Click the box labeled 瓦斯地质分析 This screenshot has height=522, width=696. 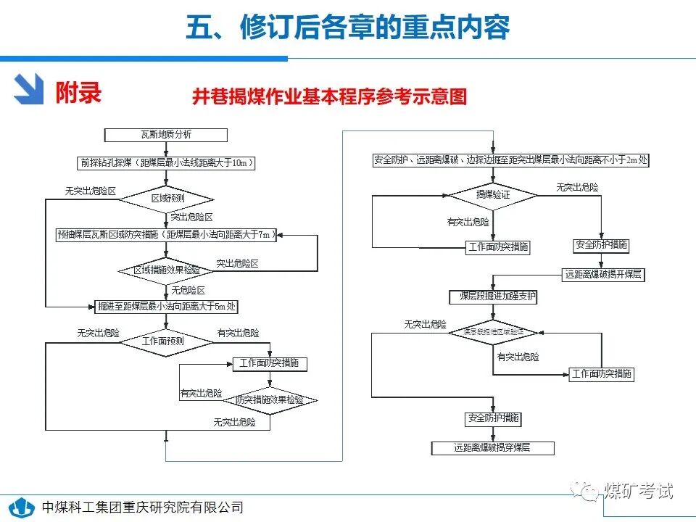point(166,135)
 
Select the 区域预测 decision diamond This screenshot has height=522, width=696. point(166,198)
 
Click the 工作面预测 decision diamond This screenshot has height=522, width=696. point(166,341)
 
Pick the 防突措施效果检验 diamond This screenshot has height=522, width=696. point(269,399)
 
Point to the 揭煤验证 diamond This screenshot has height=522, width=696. point(493,195)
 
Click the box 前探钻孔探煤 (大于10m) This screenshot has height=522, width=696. point(166,163)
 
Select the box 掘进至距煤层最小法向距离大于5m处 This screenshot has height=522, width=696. point(167,307)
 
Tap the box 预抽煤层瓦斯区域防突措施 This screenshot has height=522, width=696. point(166,234)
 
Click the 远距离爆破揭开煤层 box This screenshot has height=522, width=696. point(602,275)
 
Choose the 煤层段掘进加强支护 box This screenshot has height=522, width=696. point(493,297)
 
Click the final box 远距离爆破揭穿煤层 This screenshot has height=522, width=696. point(493,448)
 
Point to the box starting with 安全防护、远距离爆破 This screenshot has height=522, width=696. point(510,160)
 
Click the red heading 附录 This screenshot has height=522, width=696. point(78,92)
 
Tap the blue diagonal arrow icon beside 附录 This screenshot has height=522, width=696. point(30,90)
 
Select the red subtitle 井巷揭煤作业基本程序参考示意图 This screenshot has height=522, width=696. point(329,97)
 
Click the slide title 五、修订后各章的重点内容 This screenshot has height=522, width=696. point(348,27)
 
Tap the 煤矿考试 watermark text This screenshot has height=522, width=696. point(637,491)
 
